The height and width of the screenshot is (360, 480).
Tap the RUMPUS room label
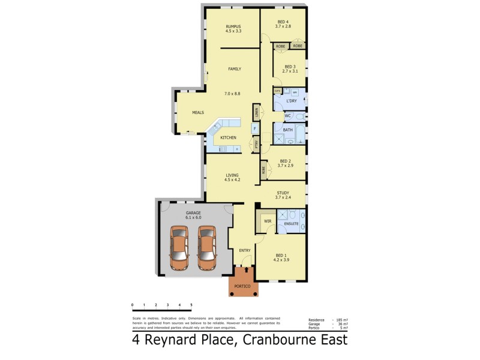[233, 26]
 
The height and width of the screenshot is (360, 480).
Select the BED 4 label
[283, 22]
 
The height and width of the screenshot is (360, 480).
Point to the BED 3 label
[290, 67]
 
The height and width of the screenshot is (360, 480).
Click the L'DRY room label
[291, 101]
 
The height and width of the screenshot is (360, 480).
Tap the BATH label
[288, 130]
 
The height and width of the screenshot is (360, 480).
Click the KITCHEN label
[228, 138]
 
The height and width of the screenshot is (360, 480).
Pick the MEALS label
[198, 112]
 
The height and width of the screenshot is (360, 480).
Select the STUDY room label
[283, 193]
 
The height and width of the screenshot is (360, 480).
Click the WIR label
[268, 221]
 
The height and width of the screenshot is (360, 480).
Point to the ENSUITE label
[292, 224]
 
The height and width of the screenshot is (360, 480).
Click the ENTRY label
[244, 251]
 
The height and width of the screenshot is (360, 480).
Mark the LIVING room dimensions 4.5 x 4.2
[232, 180]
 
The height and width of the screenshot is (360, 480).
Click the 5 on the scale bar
[191, 306]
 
